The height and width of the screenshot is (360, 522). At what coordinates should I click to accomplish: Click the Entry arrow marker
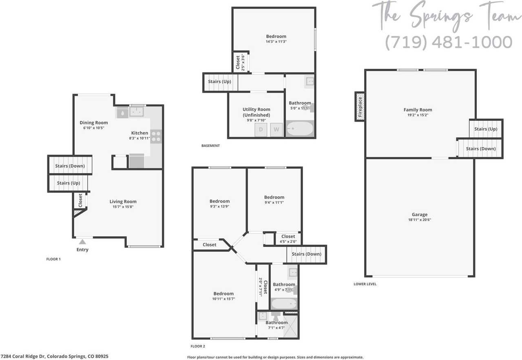coord(82,242)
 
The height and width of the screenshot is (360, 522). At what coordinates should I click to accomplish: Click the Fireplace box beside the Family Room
coord(360,106)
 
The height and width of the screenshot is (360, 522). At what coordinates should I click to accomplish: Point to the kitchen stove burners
coord(156,136)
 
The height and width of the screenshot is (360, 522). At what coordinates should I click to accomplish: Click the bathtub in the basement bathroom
coord(300,129)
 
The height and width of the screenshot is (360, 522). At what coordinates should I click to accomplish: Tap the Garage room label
coord(420,215)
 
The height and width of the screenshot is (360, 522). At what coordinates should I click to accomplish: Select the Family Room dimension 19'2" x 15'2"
coord(418,115)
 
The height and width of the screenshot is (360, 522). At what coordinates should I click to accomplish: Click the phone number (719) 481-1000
coord(449,42)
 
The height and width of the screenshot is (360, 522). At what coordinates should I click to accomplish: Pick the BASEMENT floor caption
coord(210,146)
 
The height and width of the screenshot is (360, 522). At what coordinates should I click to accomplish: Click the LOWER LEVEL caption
coord(365,284)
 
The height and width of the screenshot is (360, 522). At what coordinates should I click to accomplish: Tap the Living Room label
coord(123,202)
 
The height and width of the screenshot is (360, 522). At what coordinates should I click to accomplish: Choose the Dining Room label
coord(93,123)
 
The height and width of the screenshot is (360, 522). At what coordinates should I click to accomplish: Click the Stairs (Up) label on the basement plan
coord(219,82)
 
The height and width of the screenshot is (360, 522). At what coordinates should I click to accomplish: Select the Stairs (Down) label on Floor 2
coord(307,254)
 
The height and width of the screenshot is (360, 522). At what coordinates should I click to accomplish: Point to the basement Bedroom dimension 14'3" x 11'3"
coord(274,42)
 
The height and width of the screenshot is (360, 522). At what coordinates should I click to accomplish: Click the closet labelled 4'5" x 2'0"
coord(288,239)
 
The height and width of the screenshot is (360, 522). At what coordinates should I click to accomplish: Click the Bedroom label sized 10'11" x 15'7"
coord(223,293)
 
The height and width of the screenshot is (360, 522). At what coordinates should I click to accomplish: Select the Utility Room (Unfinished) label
coord(256,112)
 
